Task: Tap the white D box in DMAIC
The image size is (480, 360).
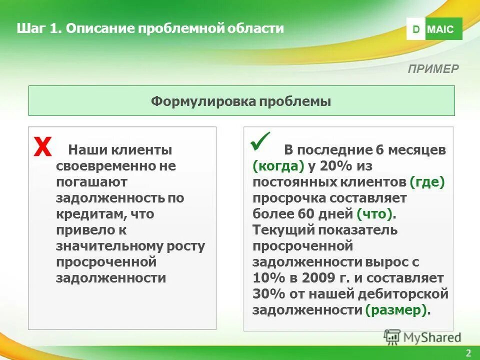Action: click(x=415, y=29)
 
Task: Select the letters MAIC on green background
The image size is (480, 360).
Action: click(x=441, y=29)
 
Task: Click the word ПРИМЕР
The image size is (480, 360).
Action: click(x=433, y=69)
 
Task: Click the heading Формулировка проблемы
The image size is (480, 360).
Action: click(x=241, y=101)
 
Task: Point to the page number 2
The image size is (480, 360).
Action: click(x=468, y=353)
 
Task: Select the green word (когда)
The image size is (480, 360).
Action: click(x=278, y=166)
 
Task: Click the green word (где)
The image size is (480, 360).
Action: click(x=426, y=182)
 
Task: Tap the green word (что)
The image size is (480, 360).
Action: click(x=375, y=214)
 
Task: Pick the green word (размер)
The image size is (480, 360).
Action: click(x=397, y=310)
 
